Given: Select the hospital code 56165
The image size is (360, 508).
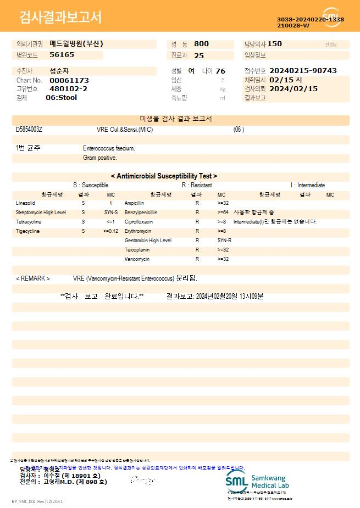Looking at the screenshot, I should [x=62, y=55].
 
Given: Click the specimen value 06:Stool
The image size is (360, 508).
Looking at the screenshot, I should [x=61, y=98].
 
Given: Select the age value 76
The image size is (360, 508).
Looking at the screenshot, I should [x=220, y=71].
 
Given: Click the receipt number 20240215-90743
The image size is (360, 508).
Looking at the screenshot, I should [x=303, y=71].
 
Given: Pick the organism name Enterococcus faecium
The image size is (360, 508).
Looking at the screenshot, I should [x=109, y=148].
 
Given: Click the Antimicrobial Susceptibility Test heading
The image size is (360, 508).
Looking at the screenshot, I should [x=164, y=176].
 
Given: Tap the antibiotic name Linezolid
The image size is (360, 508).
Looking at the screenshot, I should [x=26, y=203].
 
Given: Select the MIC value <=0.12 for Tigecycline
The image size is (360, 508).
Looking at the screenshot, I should [x=110, y=231].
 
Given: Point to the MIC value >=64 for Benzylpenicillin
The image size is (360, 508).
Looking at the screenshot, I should [x=223, y=213].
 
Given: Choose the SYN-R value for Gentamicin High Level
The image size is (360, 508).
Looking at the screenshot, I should [x=224, y=241].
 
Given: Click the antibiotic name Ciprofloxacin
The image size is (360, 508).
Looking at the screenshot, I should [x=139, y=222].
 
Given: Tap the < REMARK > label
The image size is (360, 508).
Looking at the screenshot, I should [x=33, y=278].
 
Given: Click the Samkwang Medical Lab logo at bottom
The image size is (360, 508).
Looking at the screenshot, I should [x=257, y=481].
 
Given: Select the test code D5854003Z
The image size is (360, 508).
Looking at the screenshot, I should [x=29, y=130].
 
